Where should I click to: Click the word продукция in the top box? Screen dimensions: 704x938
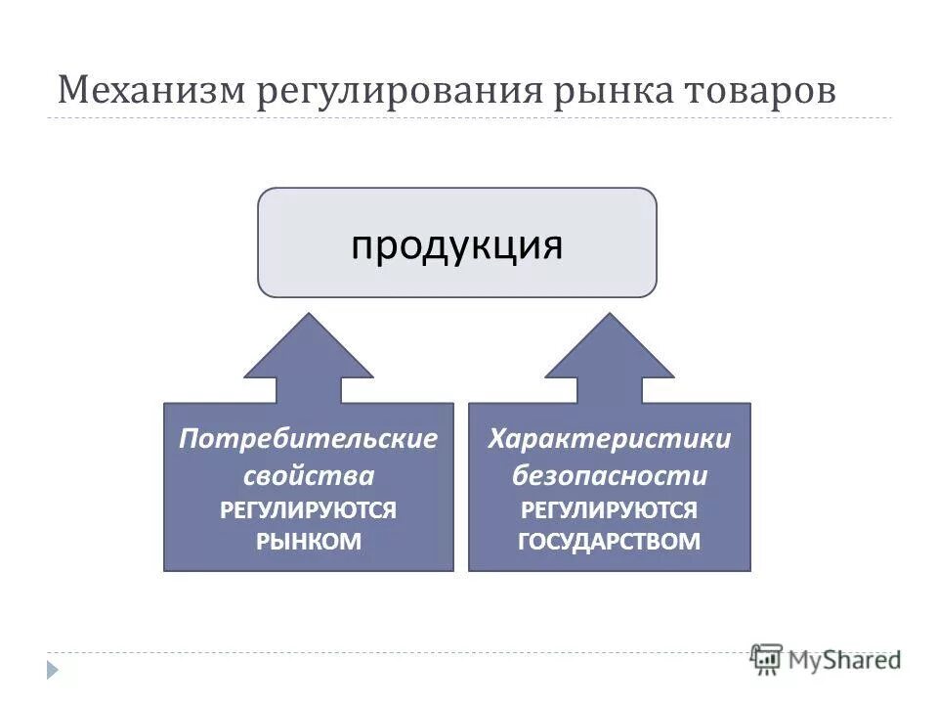point(457,244)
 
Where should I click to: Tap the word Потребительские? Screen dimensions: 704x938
point(308,439)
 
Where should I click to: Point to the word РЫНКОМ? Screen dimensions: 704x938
point(308,542)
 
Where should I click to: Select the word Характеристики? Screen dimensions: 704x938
point(609,439)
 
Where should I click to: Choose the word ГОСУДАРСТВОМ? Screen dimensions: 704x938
point(609,542)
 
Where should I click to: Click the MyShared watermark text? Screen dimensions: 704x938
point(846,660)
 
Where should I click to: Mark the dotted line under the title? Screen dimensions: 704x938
point(469,118)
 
